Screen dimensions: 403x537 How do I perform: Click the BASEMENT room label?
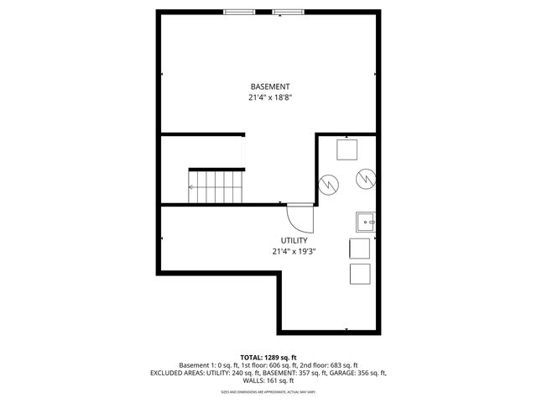point(270,86)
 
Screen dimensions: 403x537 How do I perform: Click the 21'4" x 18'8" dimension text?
point(270,97)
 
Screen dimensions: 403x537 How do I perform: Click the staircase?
point(216,186)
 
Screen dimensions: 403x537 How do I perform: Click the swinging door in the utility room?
point(300,220)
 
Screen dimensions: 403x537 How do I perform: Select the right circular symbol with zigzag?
point(366,179)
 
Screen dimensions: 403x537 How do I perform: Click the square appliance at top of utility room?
point(347,149)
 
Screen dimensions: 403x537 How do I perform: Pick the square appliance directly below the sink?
point(359,249)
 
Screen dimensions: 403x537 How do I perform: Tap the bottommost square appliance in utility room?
point(359,275)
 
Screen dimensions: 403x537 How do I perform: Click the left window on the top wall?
point(238,11)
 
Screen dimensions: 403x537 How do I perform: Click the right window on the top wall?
point(288,11)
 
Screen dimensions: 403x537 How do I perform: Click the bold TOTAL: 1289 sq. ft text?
point(268,356)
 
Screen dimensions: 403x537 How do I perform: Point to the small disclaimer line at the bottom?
point(268,391)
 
